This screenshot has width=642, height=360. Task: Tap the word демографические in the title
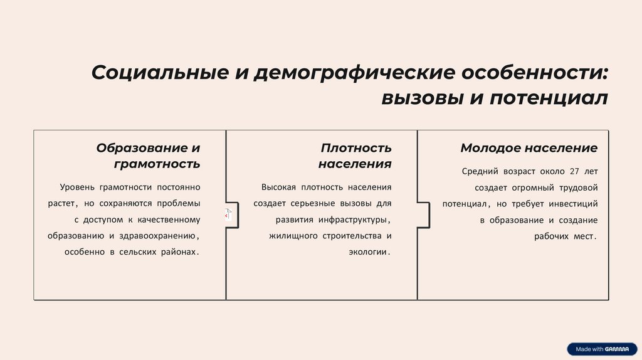(354, 72)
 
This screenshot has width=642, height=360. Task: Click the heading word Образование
(140, 148)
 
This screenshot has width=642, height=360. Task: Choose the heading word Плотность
(356, 148)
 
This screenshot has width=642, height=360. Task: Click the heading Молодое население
(529, 148)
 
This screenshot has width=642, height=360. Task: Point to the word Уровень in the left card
(76, 187)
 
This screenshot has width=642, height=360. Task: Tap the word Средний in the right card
(480, 171)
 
